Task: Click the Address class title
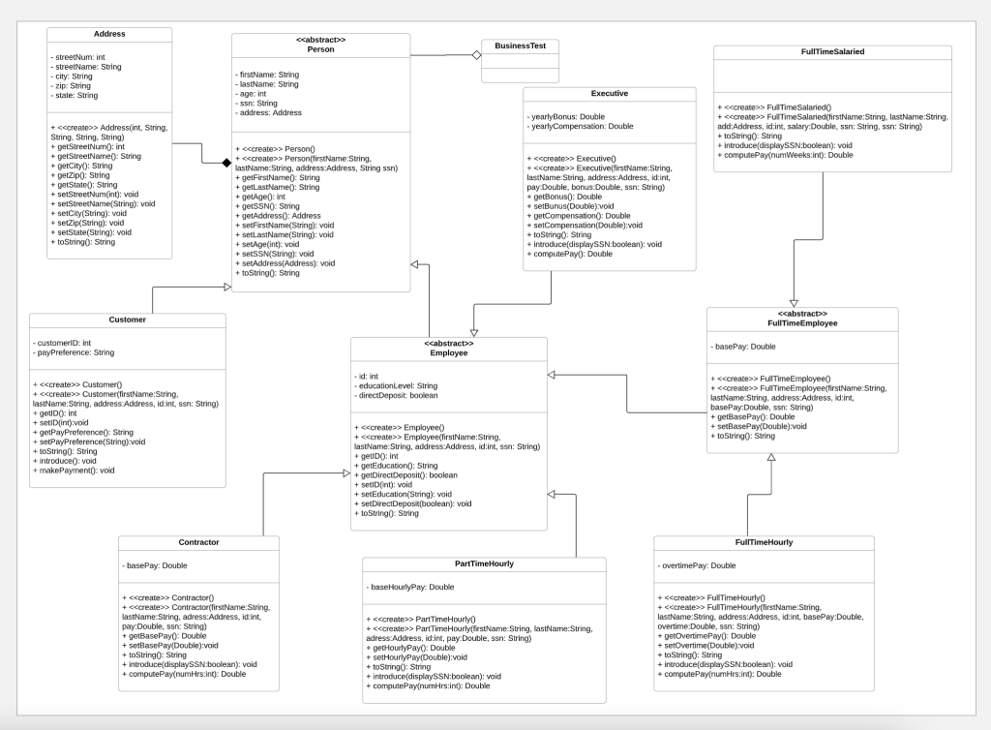pos(109,34)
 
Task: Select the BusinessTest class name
pos(520,46)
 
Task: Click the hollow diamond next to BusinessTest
pos(475,56)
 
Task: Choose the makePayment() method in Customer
pos(75,471)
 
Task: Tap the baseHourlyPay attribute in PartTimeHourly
pos(411,587)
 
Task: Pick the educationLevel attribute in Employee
pos(398,385)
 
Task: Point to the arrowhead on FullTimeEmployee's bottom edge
pos(771,456)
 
